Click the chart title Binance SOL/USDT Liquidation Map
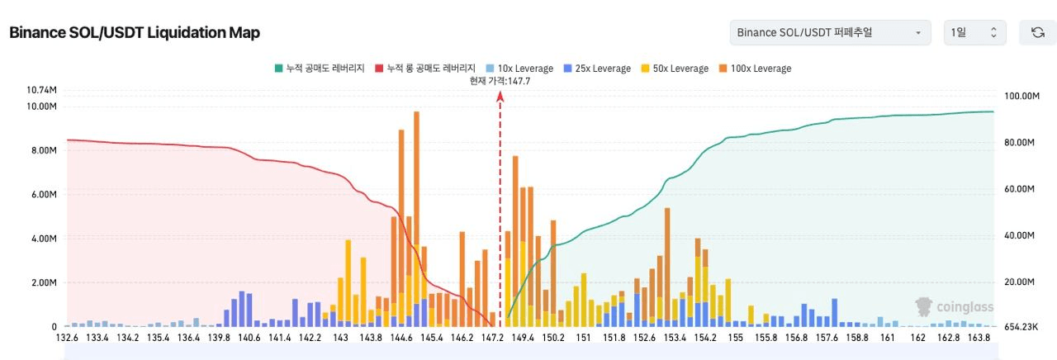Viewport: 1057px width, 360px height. (x=134, y=32)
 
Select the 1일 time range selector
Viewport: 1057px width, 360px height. (x=974, y=32)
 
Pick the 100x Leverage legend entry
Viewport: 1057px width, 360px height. (x=755, y=69)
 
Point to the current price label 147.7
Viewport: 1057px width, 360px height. (x=500, y=81)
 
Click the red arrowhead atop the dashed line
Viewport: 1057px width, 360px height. (x=500, y=97)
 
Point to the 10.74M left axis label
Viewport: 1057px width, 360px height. (x=41, y=89)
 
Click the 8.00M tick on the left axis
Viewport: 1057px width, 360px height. (x=42, y=151)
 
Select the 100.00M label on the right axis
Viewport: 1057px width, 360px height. (x=1017, y=96)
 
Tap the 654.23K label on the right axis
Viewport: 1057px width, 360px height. (x=1017, y=327)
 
